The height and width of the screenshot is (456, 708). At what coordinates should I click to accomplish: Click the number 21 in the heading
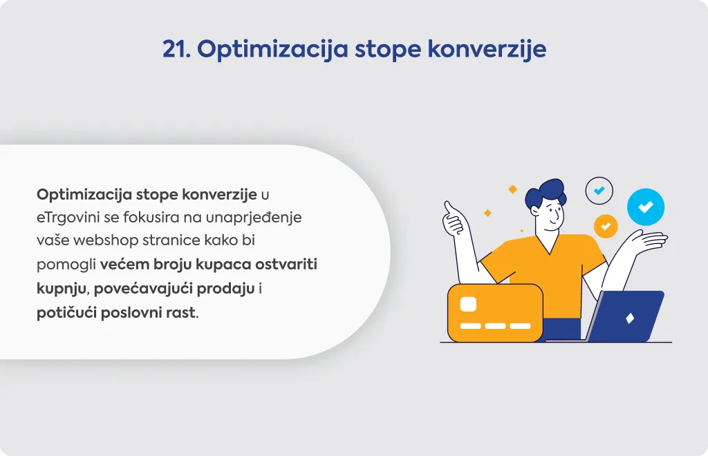176,49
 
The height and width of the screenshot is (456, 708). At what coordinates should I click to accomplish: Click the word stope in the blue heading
387,50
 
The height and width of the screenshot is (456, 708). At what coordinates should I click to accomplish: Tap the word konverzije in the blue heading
487,49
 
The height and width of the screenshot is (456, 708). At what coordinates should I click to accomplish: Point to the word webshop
106,240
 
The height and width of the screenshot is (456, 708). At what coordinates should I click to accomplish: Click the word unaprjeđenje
254,218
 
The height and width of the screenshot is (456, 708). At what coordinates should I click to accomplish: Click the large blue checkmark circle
646,207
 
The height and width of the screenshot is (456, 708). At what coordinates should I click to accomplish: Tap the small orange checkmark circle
606,226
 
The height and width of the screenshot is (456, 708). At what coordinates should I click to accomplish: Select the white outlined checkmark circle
599,190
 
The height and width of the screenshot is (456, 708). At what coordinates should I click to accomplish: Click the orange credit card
495,312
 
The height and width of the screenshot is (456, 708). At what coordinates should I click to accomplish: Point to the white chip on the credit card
468,304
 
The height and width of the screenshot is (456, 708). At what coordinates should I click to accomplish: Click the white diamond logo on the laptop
630,318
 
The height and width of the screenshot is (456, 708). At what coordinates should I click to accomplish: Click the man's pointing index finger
448,208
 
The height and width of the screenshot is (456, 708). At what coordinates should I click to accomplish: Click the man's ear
536,211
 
